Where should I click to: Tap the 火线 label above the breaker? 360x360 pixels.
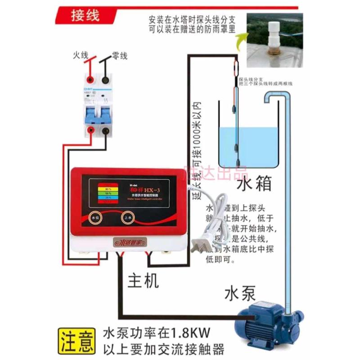click(82, 56)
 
